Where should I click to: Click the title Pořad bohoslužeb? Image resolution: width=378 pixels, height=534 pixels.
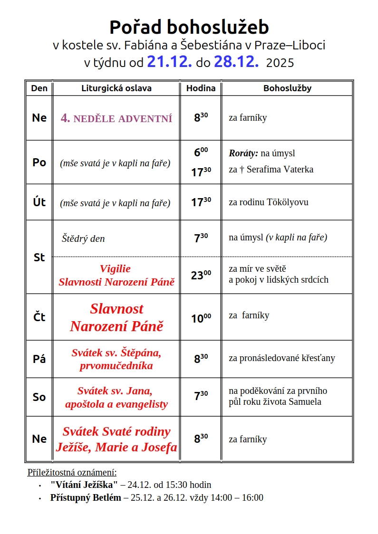pos(189,27)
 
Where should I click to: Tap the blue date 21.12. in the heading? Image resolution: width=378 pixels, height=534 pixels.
pos(169,62)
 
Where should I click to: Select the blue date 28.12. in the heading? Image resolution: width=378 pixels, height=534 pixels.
pos(236,62)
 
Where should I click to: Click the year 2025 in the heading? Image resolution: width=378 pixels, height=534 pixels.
pos(280,63)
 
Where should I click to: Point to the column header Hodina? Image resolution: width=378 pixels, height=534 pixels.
pos(201,88)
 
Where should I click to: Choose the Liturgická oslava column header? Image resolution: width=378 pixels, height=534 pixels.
pos(116,88)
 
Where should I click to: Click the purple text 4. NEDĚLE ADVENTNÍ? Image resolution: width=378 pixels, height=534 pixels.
pos(116,119)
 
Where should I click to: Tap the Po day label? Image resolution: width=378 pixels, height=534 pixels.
pos(39,162)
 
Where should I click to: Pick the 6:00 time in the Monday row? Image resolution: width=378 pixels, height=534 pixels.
pos(201,153)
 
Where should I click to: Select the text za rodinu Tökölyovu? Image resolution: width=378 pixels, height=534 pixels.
pos(268,202)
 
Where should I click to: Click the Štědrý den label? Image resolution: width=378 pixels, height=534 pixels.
pos(83,238)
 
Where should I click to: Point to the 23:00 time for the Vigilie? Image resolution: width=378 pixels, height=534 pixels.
pos(201,275)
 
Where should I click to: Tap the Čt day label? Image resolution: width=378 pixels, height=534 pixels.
pos(39,317)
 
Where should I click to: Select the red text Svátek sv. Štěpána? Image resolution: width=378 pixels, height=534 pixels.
pos(116,353)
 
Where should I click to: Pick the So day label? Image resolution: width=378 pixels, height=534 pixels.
pos(39,397)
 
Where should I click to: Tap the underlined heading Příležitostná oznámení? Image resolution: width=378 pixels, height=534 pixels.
pos(72,472)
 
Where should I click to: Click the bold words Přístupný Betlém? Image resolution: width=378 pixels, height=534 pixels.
pos(86,498)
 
